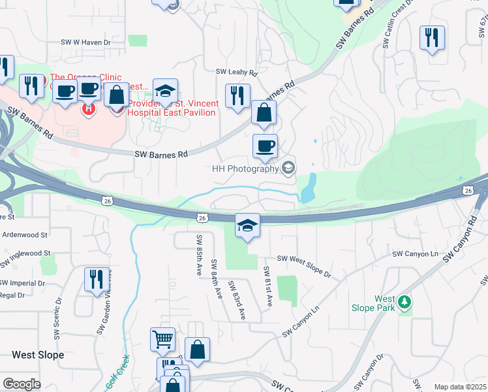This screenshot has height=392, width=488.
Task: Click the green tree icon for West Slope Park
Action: (405, 302)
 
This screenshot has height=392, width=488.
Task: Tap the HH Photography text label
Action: (245, 169)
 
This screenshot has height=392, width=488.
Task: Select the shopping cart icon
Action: (162, 340)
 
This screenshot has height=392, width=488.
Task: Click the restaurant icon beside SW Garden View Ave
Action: (96, 280)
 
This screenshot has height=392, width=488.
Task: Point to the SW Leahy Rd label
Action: (237, 73)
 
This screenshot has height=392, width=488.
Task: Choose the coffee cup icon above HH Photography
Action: (265, 146)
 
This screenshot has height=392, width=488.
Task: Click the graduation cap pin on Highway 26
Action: (247, 226)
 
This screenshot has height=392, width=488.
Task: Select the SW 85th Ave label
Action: (198, 255)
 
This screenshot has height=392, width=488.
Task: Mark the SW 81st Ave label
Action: (268, 287)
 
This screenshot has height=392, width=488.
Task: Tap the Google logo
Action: (22, 384)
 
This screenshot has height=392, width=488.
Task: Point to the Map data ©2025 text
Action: (459, 387)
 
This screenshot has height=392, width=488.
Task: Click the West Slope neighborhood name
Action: (38, 355)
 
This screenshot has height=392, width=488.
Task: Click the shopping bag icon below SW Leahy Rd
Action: (264, 113)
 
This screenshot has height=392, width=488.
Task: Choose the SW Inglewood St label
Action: (25, 253)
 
